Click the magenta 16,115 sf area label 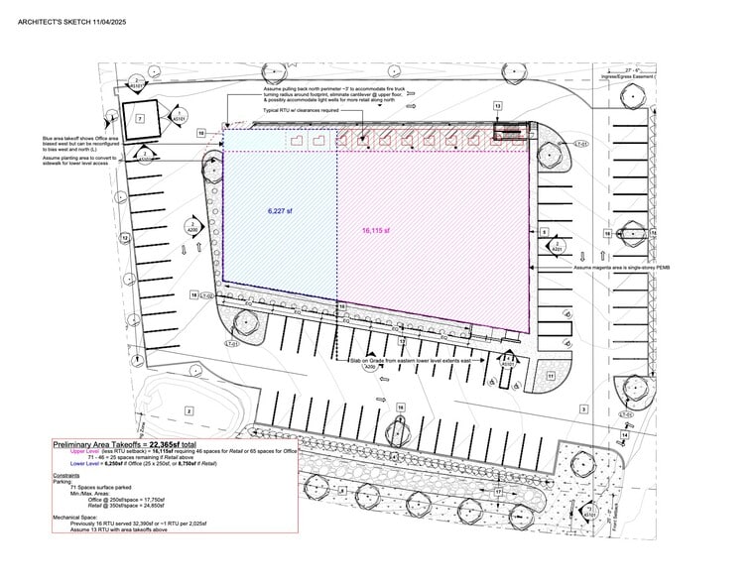click(x=375, y=231)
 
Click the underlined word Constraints click(x=66, y=476)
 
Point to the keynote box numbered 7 click(x=140, y=118)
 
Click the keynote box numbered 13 click(x=498, y=105)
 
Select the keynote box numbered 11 click(x=551, y=377)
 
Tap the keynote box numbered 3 click(x=583, y=408)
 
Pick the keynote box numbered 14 click(x=625, y=434)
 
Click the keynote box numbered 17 click(x=498, y=491)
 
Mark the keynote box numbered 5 click(x=544, y=232)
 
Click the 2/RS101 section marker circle click(x=136, y=83)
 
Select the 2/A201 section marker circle click(x=557, y=245)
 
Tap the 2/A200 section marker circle click(x=191, y=227)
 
